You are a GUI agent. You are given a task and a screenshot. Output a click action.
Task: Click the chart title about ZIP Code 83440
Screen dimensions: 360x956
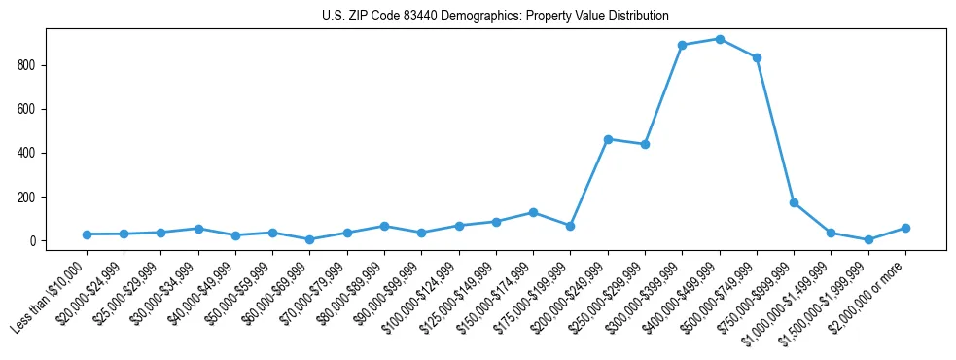pos(495,17)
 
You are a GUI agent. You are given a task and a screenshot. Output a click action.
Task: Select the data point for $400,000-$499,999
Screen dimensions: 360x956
pos(720,39)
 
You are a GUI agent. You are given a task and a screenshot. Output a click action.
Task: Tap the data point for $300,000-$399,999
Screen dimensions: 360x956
pos(683,45)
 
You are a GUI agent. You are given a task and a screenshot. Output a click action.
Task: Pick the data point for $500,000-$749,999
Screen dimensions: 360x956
pos(757,57)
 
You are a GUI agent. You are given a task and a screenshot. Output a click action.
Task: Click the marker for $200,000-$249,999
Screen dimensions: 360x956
pos(608,139)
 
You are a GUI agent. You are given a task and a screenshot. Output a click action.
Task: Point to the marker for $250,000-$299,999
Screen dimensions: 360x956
pos(645,144)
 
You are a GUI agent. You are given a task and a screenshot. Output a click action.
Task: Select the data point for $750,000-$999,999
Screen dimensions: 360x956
pos(795,203)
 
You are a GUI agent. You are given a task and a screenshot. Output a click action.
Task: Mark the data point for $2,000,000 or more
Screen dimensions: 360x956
pos(905,228)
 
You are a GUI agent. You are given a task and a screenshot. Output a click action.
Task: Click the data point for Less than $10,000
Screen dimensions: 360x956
pos(87,234)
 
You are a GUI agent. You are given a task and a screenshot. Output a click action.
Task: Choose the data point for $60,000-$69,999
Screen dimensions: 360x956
pos(309,239)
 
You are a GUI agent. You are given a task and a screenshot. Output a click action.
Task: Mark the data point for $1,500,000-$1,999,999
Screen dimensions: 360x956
pos(868,239)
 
